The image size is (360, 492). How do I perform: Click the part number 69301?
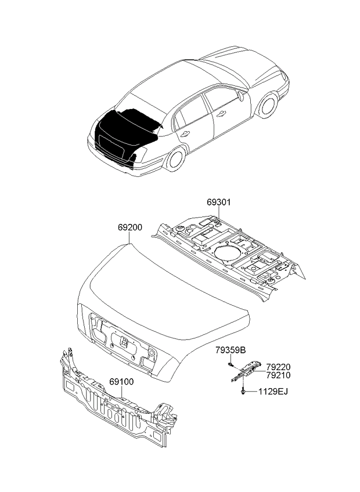tap(219, 202)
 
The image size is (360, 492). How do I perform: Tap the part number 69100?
tap(121, 382)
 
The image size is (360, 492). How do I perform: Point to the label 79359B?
tap(231, 350)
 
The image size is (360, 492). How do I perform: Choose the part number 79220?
tap(278, 367)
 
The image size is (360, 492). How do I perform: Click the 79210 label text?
tap(278, 375)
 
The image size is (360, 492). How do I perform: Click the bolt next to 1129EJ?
tap(241, 393)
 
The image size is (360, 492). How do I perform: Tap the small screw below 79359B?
tap(231, 364)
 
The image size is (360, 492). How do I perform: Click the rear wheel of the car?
tap(176, 158)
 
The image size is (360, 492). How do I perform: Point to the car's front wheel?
tap(268, 104)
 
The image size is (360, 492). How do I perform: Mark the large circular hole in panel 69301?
tap(225, 254)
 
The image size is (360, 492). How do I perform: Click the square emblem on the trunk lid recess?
tap(124, 342)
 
